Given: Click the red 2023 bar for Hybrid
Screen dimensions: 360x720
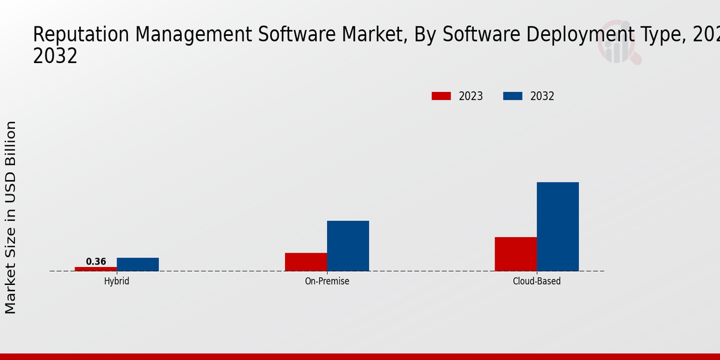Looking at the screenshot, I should tap(96, 269).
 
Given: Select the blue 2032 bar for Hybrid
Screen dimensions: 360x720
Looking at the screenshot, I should tap(138, 265).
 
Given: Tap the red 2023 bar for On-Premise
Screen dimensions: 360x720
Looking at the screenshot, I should tap(306, 262).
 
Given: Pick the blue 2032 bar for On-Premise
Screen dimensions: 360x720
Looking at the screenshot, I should tap(348, 246).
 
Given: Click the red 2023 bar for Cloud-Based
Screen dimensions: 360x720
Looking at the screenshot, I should tap(516, 254).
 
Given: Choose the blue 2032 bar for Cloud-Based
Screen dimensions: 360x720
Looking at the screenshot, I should tap(558, 227).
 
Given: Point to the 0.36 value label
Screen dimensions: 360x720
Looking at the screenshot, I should tap(96, 262).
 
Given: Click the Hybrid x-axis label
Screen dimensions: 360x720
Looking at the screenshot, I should tap(116, 281).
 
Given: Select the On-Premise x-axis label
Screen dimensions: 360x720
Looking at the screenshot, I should tap(327, 281).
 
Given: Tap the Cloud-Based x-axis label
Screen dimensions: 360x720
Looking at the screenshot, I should tap(537, 281).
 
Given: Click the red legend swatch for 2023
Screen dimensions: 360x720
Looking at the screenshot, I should tap(441, 96).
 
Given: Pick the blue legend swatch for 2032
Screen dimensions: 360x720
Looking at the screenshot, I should tap(512, 96).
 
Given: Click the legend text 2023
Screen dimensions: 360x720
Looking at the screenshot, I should tap(471, 96).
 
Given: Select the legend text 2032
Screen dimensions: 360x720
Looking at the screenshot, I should tap(542, 96).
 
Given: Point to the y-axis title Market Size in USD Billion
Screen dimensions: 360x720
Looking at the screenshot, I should tap(11, 217).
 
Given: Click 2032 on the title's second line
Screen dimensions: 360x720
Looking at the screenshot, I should tap(55, 56).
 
